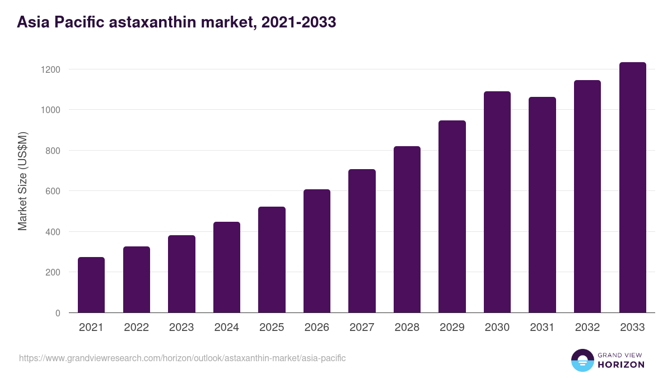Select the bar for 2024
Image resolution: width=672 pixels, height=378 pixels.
(227, 267)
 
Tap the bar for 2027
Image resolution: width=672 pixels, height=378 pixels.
(362, 241)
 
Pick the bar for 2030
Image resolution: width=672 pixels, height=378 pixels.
(497, 202)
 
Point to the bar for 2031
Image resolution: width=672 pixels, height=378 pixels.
(542, 204)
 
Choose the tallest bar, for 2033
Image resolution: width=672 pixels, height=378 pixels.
(632, 188)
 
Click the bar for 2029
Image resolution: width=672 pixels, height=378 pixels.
(452, 216)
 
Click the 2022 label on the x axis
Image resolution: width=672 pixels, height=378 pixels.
(136, 328)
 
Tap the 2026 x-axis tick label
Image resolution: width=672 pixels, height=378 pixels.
(317, 328)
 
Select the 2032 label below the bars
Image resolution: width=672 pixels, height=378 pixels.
(587, 328)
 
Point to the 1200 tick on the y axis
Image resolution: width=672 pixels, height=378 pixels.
(50, 69)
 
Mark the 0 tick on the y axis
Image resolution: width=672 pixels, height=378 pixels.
(58, 313)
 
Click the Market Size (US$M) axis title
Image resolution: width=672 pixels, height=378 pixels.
(22, 181)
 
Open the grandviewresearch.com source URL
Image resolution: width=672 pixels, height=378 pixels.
(183, 358)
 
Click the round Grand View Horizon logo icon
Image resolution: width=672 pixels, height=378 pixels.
(582, 360)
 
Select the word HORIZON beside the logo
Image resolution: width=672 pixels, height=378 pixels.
(621, 365)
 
